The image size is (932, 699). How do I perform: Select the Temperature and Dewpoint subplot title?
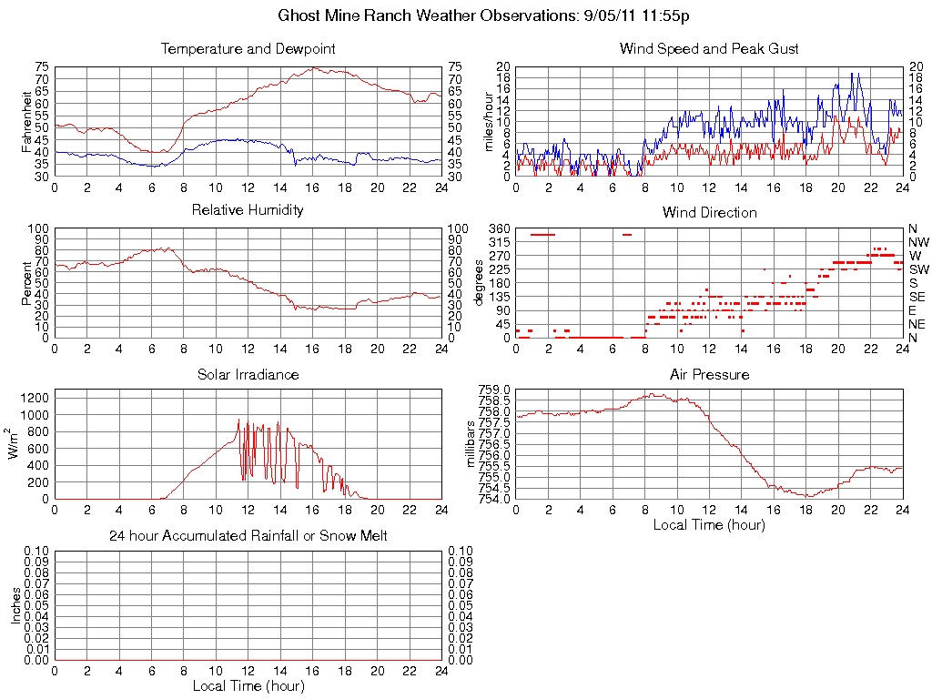248,49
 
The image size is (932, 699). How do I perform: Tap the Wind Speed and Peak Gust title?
709,49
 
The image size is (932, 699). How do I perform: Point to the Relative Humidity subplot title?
248,210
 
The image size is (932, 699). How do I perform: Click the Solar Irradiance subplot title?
248,375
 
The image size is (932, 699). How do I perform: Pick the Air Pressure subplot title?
709,375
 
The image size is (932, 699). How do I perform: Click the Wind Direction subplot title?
709,213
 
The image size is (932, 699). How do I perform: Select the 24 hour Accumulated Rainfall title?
248,536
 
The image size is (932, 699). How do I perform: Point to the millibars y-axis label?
471,444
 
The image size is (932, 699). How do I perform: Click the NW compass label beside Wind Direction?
918,242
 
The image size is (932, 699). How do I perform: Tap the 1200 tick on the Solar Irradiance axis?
35,397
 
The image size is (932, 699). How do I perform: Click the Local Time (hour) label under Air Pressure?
709,524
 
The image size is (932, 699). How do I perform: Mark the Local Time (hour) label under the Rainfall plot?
248,685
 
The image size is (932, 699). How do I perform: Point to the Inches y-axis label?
15,605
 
